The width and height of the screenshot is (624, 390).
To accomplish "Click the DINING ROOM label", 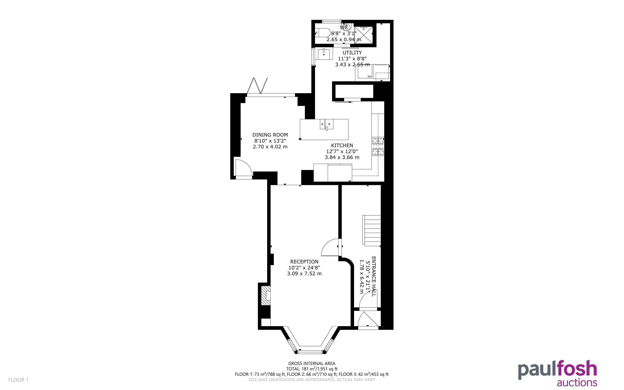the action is pyautogui.click(x=270, y=135).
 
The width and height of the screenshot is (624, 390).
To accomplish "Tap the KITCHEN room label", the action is pyautogui.click(x=342, y=145).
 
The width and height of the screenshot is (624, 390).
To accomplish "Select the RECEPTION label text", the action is pyautogui.click(x=304, y=262).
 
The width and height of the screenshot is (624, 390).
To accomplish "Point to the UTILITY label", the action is pyautogui.click(x=352, y=53).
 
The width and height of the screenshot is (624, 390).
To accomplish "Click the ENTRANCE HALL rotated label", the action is pyautogui.click(x=374, y=277).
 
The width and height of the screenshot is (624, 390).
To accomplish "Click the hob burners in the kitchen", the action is pyautogui.click(x=378, y=146).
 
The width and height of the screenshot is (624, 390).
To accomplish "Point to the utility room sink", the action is pyautogui.click(x=324, y=54).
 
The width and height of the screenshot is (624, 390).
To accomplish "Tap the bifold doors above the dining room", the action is pyautogui.click(x=257, y=86).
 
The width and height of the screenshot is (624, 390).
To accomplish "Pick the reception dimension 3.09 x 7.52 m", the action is pyautogui.click(x=304, y=274).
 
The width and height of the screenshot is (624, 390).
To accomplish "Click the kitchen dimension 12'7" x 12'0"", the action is pyautogui.click(x=342, y=151).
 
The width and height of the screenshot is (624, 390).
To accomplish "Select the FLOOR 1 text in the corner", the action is pyautogui.click(x=19, y=380).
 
